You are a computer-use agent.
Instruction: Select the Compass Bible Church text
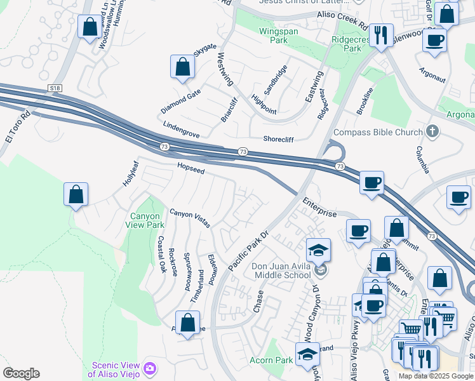coord(378,132)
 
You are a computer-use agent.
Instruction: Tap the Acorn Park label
coord(271,361)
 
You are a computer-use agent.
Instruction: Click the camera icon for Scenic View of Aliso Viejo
coord(151,368)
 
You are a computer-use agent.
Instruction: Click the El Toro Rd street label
coord(17,126)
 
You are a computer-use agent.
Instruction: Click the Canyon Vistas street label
coord(189,218)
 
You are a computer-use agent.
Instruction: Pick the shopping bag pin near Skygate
coord(182,67)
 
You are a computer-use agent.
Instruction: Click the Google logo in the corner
coord(21,373)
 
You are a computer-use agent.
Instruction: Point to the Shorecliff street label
coord(281,139)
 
